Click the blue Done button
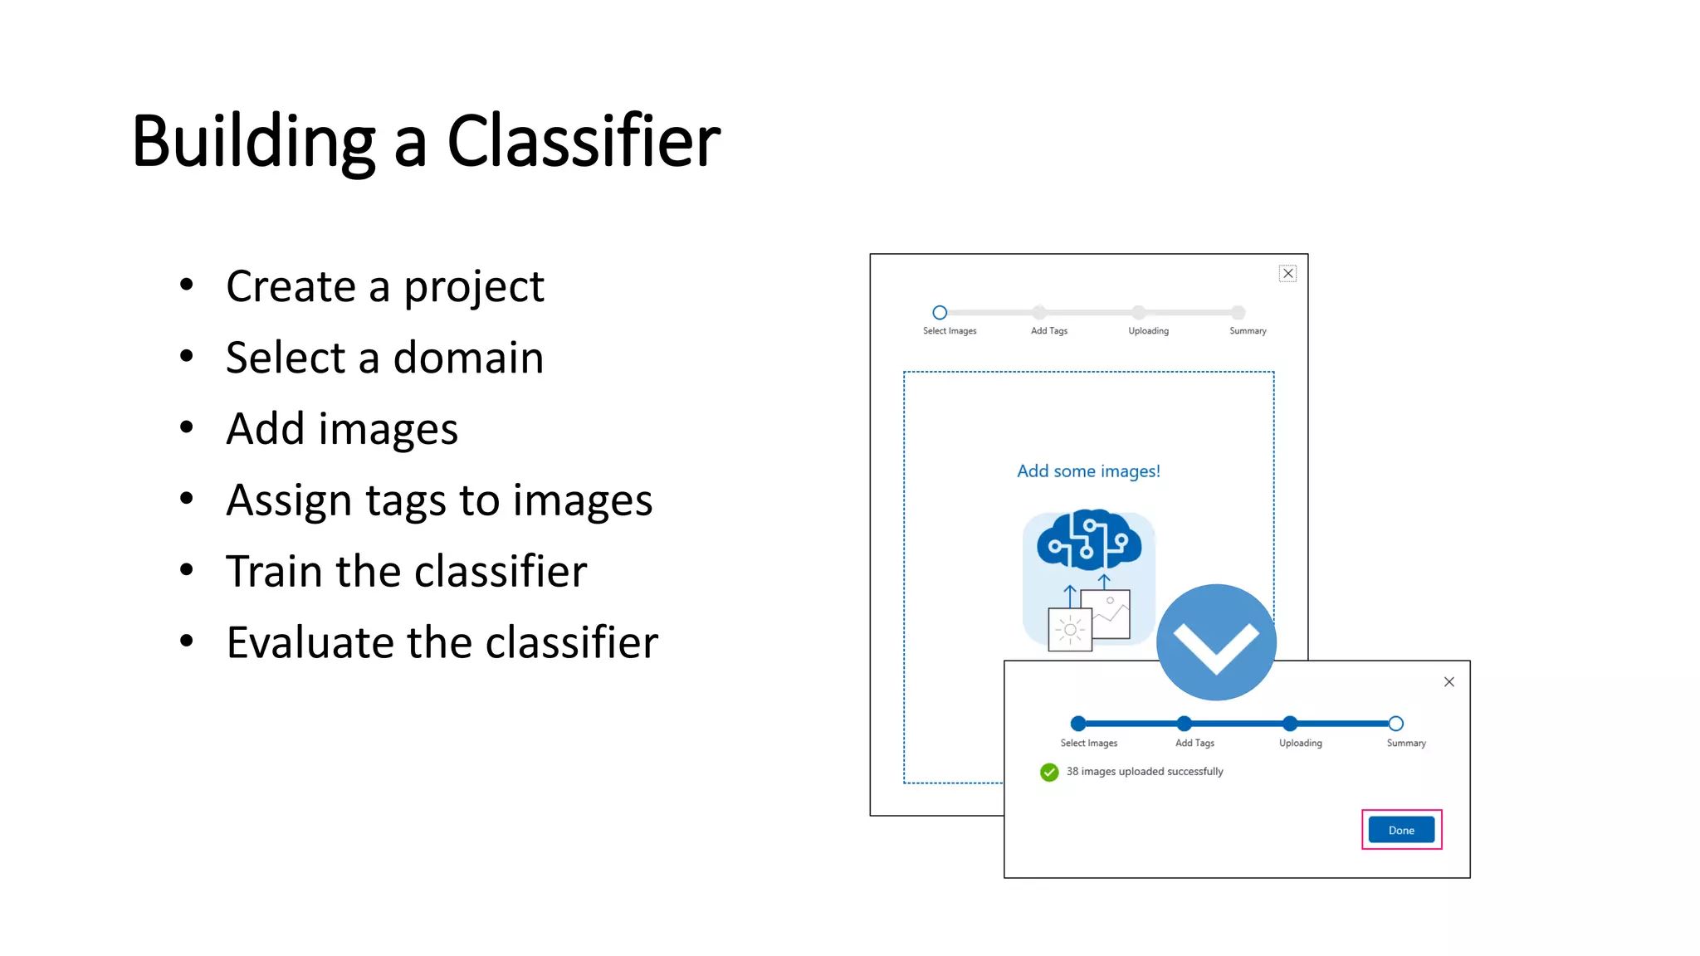[1401, 830]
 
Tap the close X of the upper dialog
[1287, 273]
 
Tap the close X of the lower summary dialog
[1448, 681]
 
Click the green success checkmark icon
[1049, 772]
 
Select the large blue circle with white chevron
[1216, 641]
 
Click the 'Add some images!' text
[1088, 471]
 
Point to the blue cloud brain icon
[1088, 539]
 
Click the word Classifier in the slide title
[584, 141]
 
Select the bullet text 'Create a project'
[384, 286]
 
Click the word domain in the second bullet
[468, 358]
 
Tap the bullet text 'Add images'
[341, 429]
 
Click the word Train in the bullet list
[274, 572]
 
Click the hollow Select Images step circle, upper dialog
[940, 313]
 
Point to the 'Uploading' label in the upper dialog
[1148, 331]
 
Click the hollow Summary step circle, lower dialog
[1395, 724]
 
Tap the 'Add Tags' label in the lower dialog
[1194, 744]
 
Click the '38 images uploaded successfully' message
[1145, 772]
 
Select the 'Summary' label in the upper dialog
[1248, 331]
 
